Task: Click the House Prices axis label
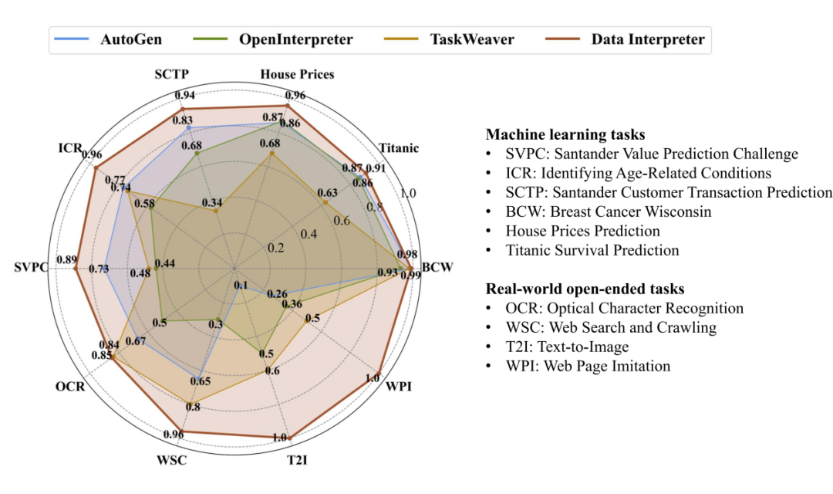click(x=297, y=74)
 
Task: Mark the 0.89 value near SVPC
click(x=66, y=259)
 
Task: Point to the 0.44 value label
click(x=164, y=263)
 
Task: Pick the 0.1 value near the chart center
click(x=241, y=286)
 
